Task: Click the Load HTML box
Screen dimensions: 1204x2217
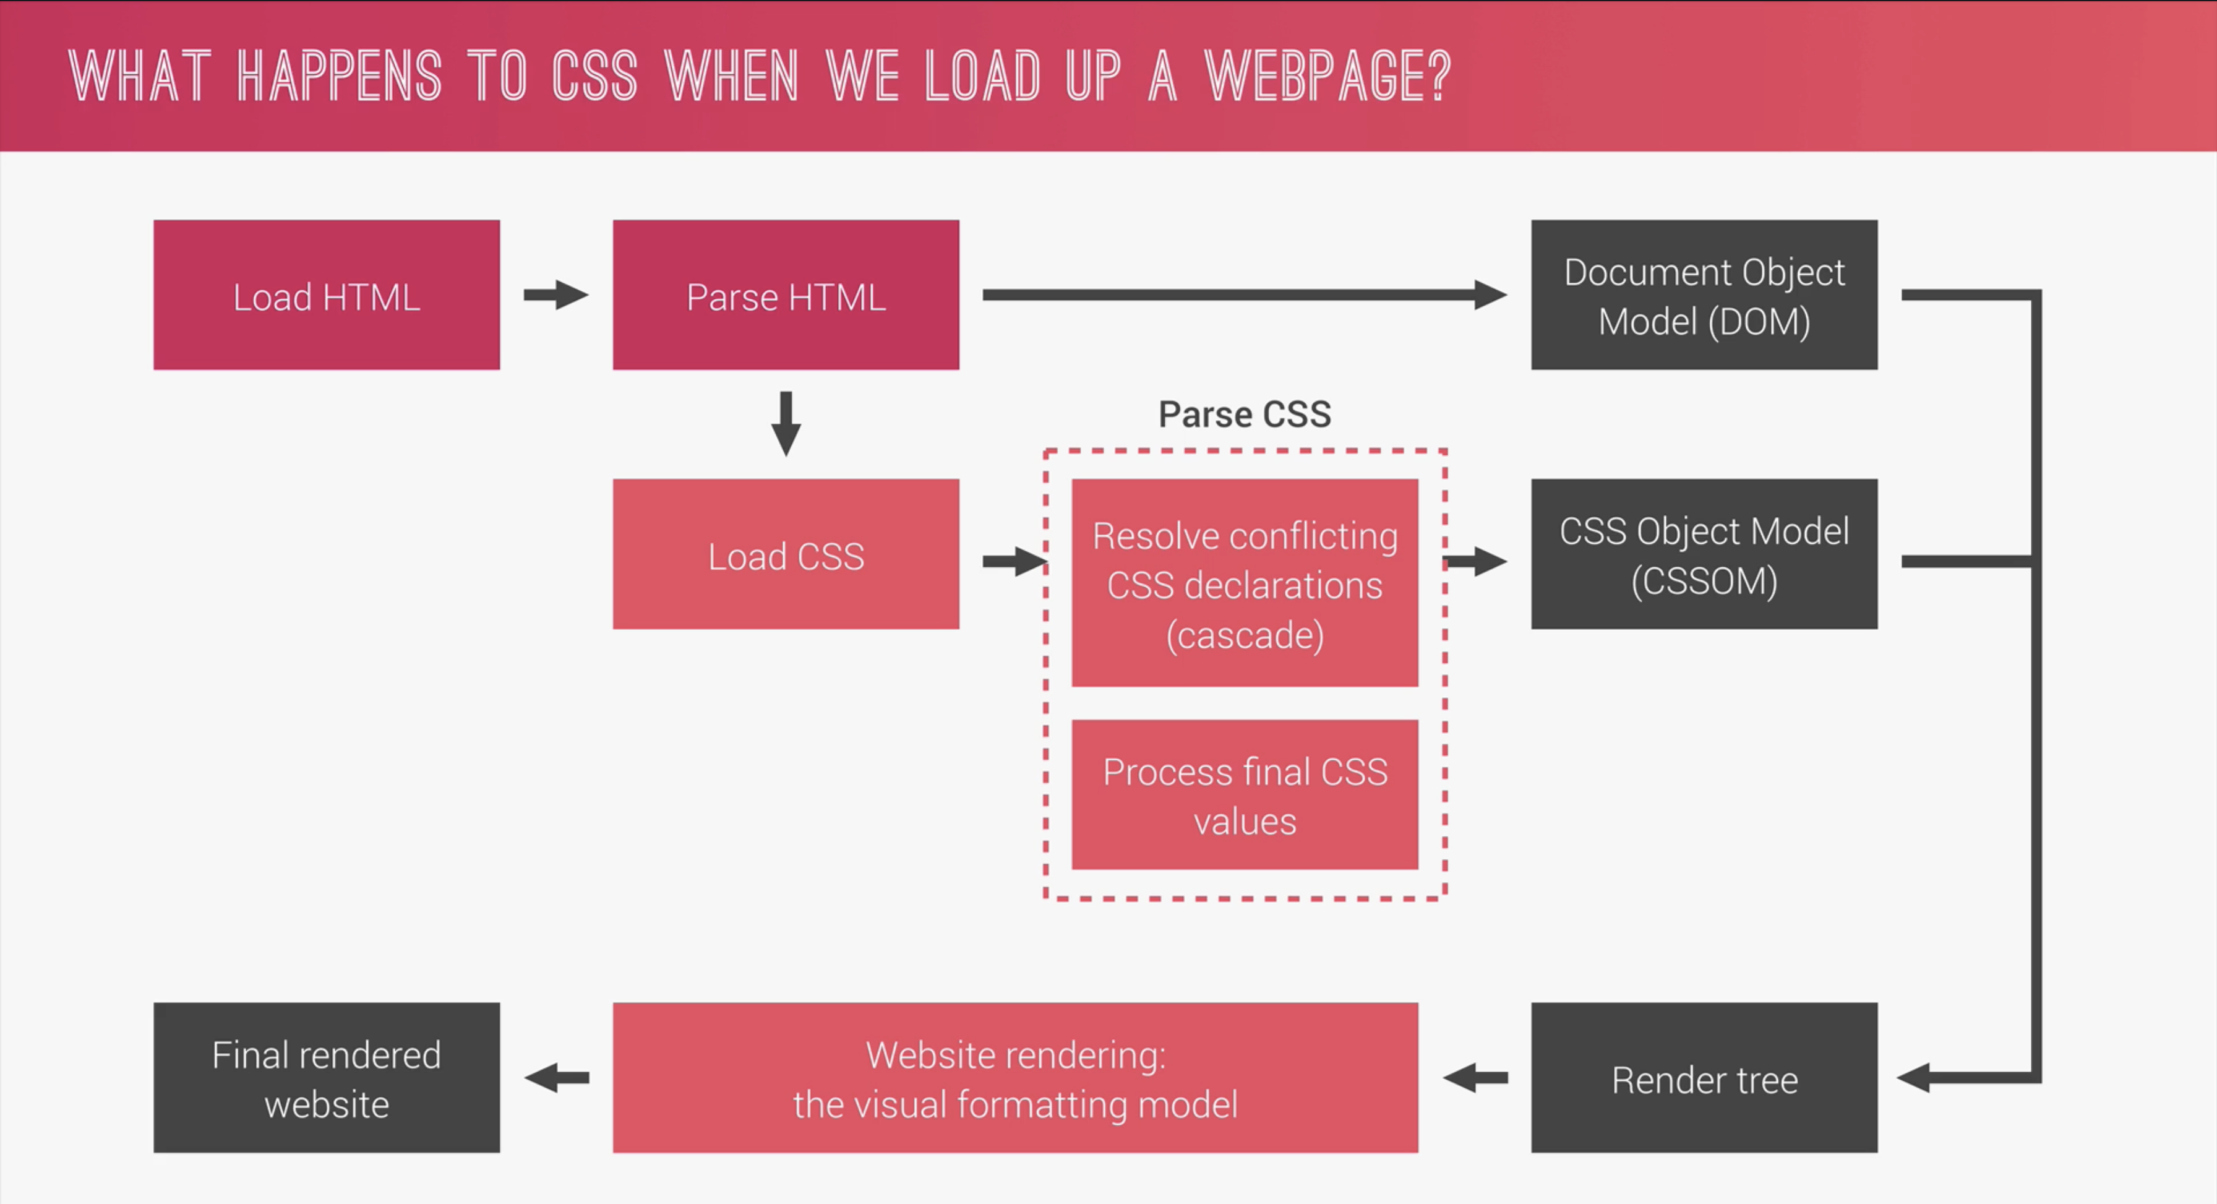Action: pyautogui.click(x=326, y=295)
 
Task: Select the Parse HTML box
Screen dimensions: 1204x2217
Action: pyautogui.click(x=786, y=295)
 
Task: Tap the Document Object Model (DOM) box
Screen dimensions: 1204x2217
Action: pyautogui.click(x=1704, y=295)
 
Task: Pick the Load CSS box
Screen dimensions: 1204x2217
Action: pyautogui.click(x=786, y=554)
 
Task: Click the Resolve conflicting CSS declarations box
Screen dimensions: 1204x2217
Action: pyautogui.click(x=1245, y=583)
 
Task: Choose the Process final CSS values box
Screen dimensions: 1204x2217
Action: pyautogui.click(x=1245, y=794)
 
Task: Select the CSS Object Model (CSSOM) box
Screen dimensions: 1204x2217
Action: pyautogui.click(x=1704, y=554)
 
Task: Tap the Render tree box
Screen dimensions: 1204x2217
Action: pyautogui.click(x=1704, y=1078)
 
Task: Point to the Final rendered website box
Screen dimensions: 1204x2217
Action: pyautogui.click(x=326, y=1078)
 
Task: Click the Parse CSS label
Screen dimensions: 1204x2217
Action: pyautogui.click(x=1245, y=415)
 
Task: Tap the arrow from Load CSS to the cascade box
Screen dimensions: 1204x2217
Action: pyautogui.click(x=1014, y=562)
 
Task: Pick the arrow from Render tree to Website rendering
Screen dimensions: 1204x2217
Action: pyautogui.click(x=1475, y=1078)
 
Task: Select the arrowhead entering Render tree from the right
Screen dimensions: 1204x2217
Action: pyautogui.click(x=1915, y=1078)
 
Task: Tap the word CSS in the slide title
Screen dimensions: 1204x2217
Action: pyautogui.click(x=594, y=75)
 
